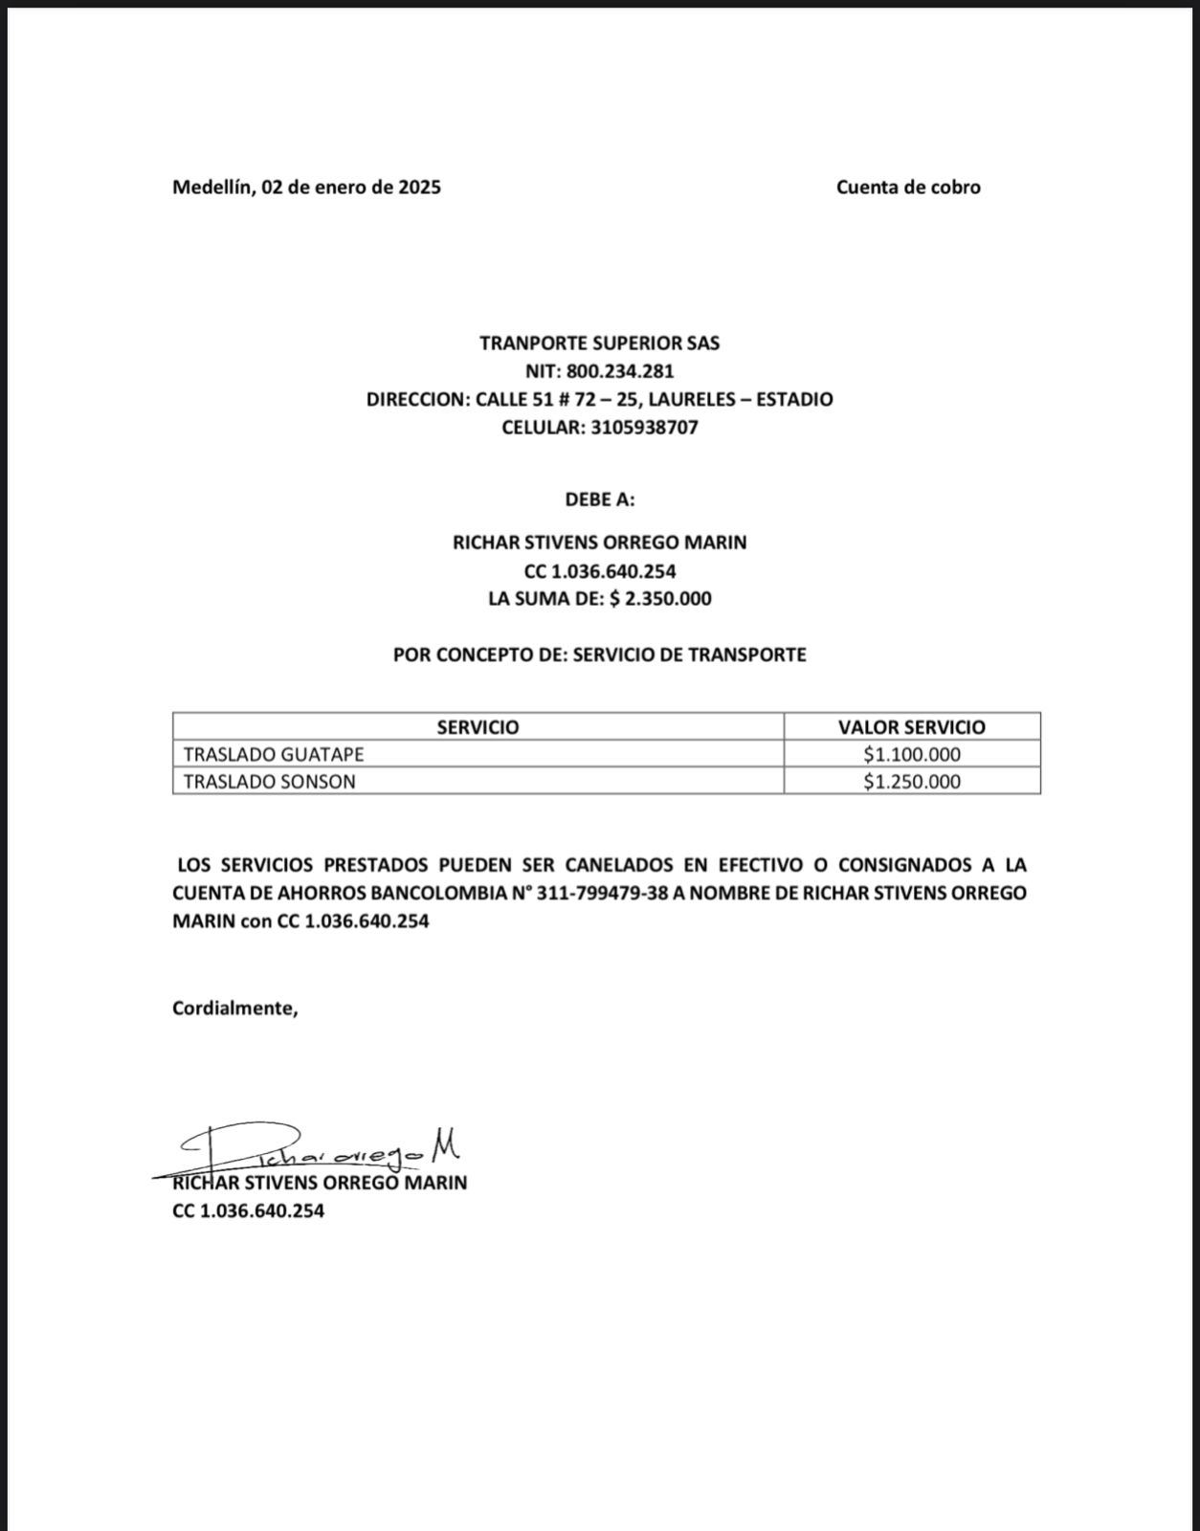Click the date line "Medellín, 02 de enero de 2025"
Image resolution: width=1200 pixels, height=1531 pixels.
(x=306, y=188)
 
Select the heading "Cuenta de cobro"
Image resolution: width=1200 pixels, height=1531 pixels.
(x=908, y=188)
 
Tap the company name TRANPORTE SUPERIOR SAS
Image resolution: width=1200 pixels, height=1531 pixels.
(x=599, y=344)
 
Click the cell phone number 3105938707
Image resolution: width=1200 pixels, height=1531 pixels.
(x=644, y=428)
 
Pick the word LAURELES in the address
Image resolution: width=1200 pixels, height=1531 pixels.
(x=692, y=399)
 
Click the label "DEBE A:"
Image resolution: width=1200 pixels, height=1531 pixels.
(x=599, y=499)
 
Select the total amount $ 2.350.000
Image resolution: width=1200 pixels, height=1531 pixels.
(x=660, y=599)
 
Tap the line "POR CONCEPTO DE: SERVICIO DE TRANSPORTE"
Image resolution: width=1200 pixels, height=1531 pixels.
(x=599, y=655)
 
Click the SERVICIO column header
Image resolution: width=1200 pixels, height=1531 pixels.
(x=478, y=727)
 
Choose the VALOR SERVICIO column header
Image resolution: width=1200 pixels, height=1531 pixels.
(x=911, y=727)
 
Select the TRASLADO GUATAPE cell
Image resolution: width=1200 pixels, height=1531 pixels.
(x=274, y=754)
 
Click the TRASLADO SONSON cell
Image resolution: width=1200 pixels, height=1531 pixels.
(x=269, y=782)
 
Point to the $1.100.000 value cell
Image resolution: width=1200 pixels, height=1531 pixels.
(x=911, y=754)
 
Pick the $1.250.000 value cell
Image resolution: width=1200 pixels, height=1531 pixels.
(x=911, y=782)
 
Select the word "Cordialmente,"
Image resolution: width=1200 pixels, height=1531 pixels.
(x=235, y=1008)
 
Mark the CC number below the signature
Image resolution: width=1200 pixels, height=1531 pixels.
(x=248, y=1211)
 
